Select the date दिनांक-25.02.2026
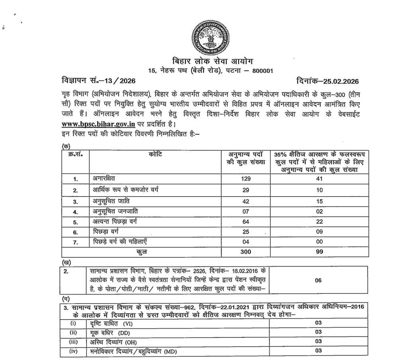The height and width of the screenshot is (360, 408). (x=328, y=82)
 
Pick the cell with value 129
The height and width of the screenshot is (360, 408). (x=245, y=179)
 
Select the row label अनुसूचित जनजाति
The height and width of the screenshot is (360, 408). (x=116, y=210)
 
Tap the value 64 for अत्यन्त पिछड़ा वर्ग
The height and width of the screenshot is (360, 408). (x=245, y=221)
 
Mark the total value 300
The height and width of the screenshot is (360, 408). (x=245, y=252)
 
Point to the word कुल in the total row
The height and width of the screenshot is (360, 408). (x=142, y=252)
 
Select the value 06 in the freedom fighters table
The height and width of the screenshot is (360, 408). (x=318, y=280)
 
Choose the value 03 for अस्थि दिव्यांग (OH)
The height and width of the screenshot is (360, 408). (x=318, y=342)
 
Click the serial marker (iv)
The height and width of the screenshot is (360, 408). (x=74, y=351)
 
